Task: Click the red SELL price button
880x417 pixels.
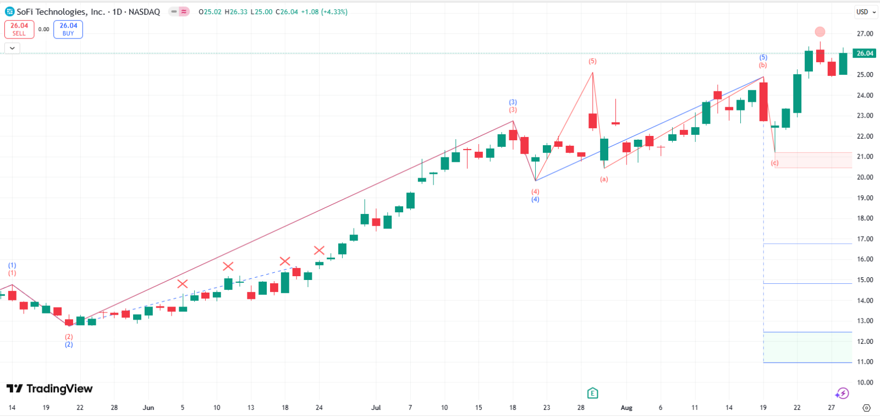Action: click(19, 29)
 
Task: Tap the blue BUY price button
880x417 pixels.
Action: click(68, 29)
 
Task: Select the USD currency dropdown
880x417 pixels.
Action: click(866, 12)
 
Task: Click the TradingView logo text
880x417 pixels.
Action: click(50, 389)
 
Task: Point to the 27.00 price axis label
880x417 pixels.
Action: click(865, 34)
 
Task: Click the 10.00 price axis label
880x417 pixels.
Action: click(865, 382)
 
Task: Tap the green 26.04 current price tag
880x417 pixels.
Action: click(865, 53)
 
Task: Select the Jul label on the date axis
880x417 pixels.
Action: click(376, 408)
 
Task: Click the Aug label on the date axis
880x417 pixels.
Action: click(626, 408)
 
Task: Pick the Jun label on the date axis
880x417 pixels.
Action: click(148, 408)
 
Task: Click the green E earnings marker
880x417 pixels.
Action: click(592, 393)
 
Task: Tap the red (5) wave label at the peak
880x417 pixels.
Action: click(592, 61)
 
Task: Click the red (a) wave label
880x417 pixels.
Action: click(604, 179)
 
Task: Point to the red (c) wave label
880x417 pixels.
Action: click(775, 163)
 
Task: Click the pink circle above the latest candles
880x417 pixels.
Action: click(820, 32)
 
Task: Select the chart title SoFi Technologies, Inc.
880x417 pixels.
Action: click(61, 12)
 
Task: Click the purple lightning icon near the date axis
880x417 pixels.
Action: click(842, 393)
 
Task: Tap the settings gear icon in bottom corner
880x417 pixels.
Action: click(866, 408)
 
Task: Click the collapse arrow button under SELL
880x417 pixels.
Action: click(12, 48)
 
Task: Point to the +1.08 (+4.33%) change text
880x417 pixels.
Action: click(324, 12)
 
